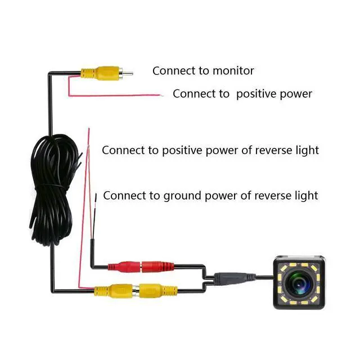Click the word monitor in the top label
pyautogui.click(x=233, y=71)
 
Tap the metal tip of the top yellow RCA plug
pyautogui.click(x=128, y=74)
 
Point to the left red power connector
pyautogui.click(x=124, y=267)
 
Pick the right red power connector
pyautogui.click(x=157, y=267)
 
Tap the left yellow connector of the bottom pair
pyautogui.click(x=114, y=291)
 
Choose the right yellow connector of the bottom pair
pyautogui.click(x=158, y=291)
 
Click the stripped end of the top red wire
pyautogui.click(x=162, y=95)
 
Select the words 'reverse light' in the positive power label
pyautogui.click(x=287, y=150)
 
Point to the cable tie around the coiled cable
pyautogui.click(x=52, y=185)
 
